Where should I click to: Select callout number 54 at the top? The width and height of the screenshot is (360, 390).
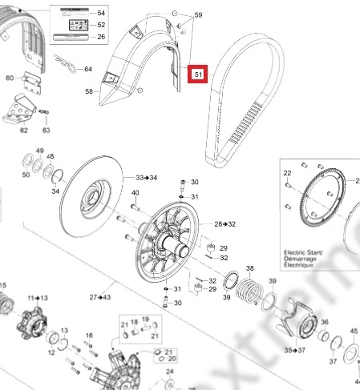tap(101, 14)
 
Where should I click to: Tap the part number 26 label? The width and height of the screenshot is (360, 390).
tap(101, 37)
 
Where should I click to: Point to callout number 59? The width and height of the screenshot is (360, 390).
tap(198, 15)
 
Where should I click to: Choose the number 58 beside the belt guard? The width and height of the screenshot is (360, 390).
tap(89, 93)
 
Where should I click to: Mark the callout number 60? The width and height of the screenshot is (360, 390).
tap(10, 78)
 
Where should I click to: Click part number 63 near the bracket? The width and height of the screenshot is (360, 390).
tap(46, 129)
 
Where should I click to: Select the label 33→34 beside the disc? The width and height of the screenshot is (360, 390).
tap(147, 177)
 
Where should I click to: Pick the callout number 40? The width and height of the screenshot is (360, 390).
tap(136, 195)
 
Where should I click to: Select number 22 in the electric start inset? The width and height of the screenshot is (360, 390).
tap(286, 173)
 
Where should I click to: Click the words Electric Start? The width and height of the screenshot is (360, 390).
tap(303, 252)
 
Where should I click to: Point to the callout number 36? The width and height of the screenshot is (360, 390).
tap(325, 323)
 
